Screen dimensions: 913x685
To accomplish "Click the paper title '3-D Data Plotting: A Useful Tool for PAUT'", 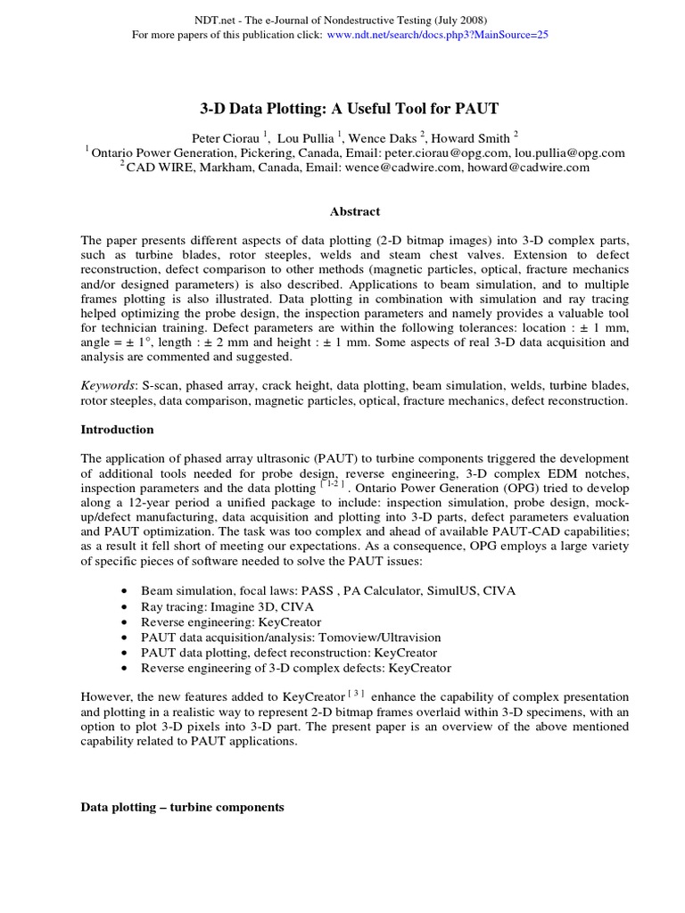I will click(348, 109).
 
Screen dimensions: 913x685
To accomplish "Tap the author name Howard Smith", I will click(473, 138).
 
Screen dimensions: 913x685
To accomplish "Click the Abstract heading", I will click(355, 211).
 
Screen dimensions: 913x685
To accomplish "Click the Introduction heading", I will click(117, 429).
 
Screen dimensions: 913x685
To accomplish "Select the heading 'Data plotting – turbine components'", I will click(183, 807).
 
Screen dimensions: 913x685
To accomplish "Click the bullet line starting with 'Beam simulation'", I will click(316, 590).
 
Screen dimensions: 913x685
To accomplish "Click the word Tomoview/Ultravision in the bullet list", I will click(383, 637).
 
